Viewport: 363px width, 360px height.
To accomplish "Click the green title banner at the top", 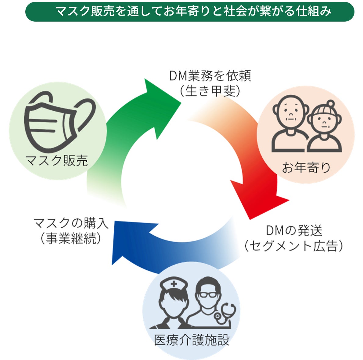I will [x=189, y=12].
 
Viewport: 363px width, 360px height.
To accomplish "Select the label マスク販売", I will [x=57, y=160].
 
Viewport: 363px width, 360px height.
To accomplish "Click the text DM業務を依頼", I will [x=210, y=76].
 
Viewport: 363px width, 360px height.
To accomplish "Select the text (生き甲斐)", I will [x=210, y=91].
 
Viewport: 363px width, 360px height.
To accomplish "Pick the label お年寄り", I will [x=306, y=167].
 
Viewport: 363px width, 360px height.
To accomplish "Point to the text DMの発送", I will [x=294, y=231].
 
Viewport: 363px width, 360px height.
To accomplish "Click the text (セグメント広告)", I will [x=294, y=246].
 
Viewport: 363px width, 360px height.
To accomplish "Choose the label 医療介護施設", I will [x=192, y=340].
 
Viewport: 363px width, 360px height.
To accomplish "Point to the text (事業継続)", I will [x=71, y=238].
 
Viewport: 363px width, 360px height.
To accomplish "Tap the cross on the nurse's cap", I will [x=174, y=284].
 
